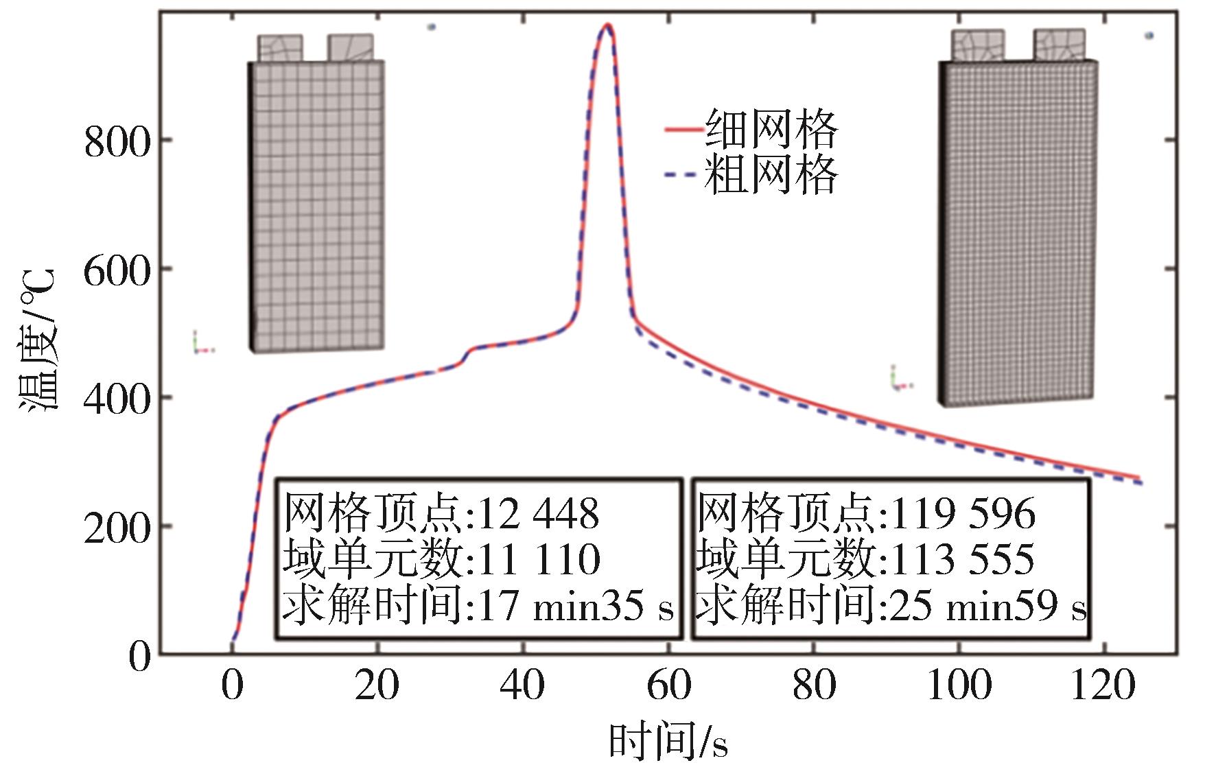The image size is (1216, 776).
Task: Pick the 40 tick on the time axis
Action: tap(522, 685)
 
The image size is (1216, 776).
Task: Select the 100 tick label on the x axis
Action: tap(959, 685)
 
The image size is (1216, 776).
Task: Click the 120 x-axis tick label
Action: tap(1103, 685)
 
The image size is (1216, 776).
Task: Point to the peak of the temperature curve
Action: tap(607, 26)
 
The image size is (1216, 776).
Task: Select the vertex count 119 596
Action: tap(961, 513)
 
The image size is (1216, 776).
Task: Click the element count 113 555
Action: tap(961, 559)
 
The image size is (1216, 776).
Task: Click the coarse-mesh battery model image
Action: tap(316, 199)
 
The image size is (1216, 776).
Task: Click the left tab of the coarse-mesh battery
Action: tap(280, 48)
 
